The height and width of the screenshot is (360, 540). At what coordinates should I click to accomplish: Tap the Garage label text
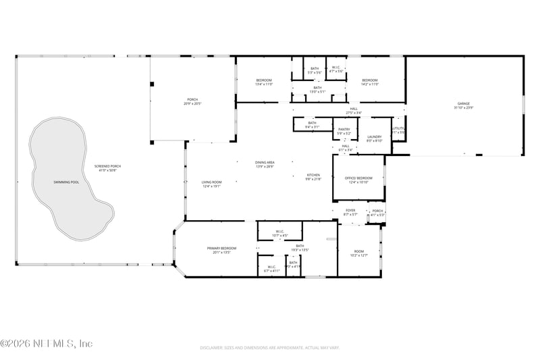(463, 103)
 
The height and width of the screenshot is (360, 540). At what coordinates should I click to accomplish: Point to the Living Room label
(211, 182)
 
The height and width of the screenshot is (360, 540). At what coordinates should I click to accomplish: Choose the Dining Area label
(265, 162)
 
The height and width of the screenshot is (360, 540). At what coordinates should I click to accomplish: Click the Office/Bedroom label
(359, 178)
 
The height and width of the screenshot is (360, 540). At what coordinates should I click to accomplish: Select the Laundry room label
(375, 137)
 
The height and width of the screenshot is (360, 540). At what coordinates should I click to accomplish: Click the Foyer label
(350, 210)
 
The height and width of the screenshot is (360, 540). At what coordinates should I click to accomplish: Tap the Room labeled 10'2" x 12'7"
(359, 252)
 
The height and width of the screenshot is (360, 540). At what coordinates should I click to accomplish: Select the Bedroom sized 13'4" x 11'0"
(263, 80)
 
